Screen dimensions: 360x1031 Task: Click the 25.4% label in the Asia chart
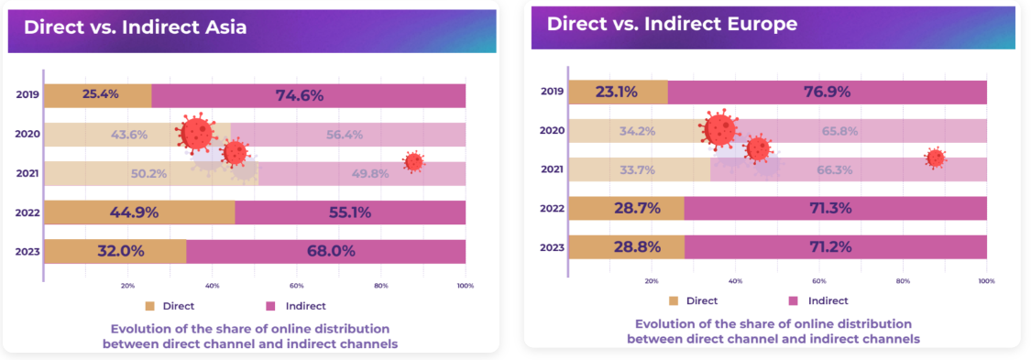(100, 94)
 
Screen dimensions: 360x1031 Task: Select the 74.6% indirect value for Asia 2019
(309, 95)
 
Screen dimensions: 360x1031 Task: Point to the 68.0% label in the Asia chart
(325, 251)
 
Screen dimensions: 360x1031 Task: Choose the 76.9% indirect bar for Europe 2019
(827, 92)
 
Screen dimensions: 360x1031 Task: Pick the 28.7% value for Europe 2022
(626, 209)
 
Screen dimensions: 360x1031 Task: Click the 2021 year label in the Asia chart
(27, 173)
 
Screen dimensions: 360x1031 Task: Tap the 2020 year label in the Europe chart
(552, 131)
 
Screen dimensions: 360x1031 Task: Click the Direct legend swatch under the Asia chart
(150, 305)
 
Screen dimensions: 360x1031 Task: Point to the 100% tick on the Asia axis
(465, 286)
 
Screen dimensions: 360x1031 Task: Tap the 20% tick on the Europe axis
(652, 281)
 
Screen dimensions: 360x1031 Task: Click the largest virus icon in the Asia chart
(194, 133)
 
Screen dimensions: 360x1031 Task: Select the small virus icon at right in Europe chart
(935, 158)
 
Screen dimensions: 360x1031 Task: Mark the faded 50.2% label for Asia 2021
(129, 173)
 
